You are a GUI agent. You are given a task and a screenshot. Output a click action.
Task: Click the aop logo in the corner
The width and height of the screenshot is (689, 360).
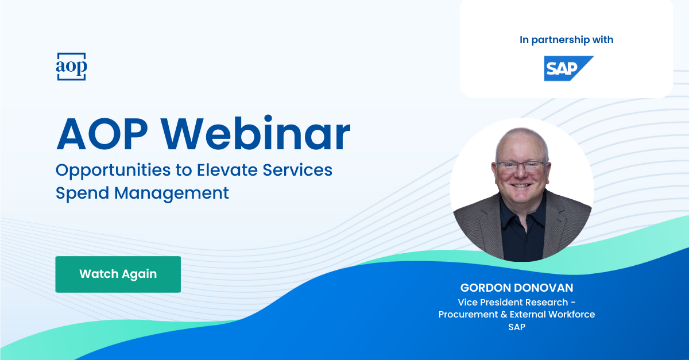tap(71, 67)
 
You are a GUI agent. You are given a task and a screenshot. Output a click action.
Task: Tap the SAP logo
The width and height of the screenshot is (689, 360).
tap(569, 68)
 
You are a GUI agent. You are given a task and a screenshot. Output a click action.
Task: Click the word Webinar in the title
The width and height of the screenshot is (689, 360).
tap(256, 134)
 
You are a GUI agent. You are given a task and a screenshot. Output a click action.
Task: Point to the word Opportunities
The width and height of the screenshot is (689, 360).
tap(113, 171)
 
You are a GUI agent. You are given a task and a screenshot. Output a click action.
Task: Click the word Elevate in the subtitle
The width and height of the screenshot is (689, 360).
tap(227, 170)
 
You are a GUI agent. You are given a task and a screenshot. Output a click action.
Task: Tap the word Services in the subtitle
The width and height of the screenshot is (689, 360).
tap(297, 170)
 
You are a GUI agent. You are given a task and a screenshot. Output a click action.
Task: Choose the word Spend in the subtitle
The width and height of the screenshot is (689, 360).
tap(82, 193)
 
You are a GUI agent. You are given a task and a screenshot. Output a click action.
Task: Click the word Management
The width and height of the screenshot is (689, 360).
tap(172, 193)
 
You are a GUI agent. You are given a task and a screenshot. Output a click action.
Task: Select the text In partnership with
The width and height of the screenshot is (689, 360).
tap(566, 40)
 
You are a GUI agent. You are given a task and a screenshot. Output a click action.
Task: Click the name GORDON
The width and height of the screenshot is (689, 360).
tap(486, 288)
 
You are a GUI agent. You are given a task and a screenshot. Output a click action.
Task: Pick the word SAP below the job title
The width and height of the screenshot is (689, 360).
tap(517, 327)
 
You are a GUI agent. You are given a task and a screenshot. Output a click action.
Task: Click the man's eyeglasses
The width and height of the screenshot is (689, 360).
tap(522, 167)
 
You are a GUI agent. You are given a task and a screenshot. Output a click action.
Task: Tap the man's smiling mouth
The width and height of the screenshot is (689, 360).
tap(520, 186)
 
